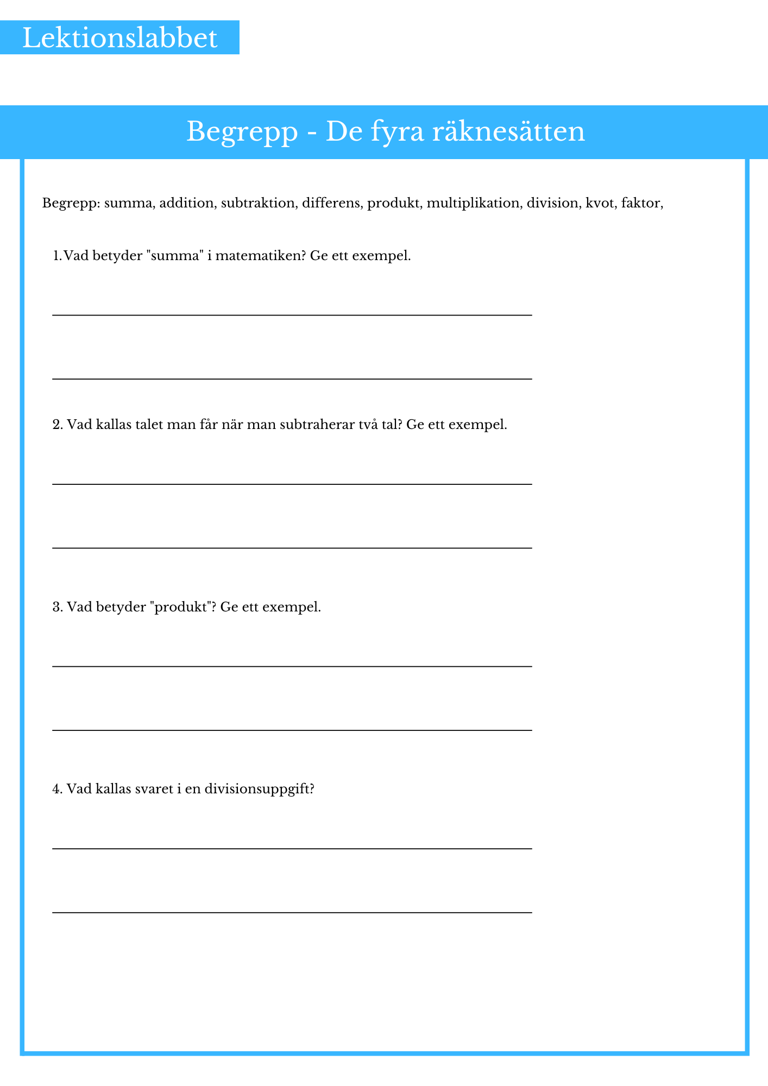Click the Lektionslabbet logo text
(119, 39)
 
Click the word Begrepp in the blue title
(242, 132)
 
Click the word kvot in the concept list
(599, 203)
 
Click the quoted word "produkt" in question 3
(182, 607)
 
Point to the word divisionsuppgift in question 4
(260, 789)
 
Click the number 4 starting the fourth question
(56, 789)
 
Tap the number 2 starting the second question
(56, 424)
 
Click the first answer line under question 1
(292, 315)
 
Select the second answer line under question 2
(292, 548)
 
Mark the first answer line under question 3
(292, 666)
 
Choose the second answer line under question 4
(292, 912)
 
